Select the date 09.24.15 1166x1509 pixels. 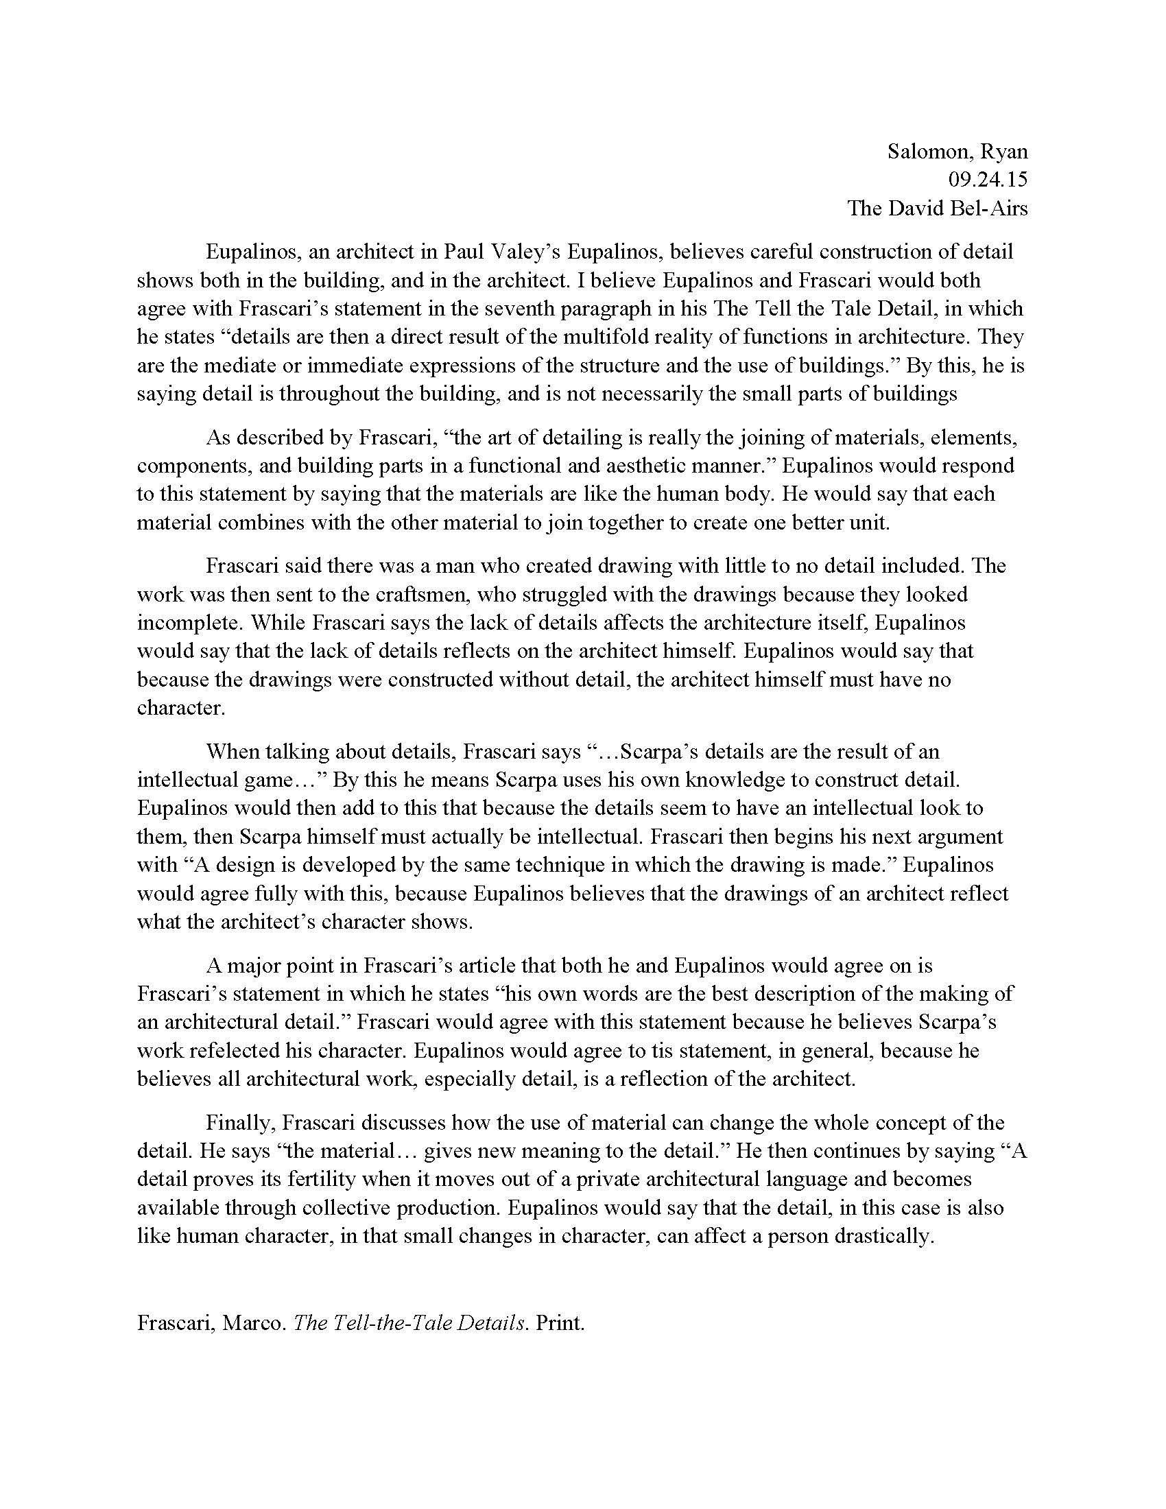[x=988, y=180]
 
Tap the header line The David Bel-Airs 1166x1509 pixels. [x=938, y=208]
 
